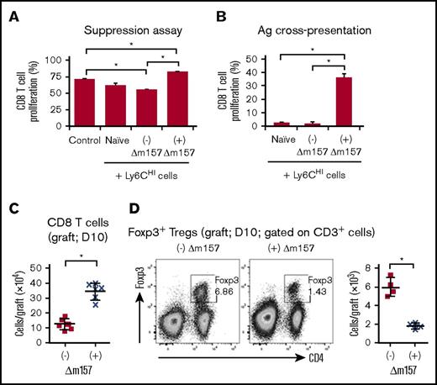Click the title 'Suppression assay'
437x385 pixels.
tap(132, 33)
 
